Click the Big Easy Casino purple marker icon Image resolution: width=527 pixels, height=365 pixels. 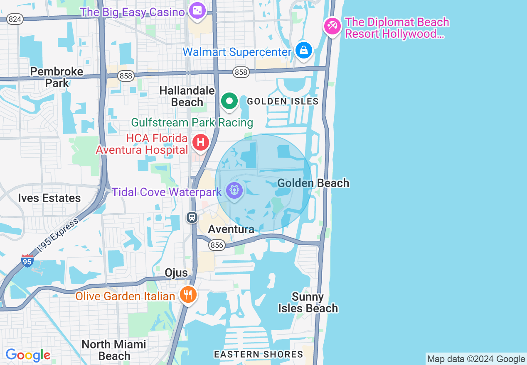coord(197,11)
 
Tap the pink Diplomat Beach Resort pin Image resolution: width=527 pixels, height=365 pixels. coord(332,27)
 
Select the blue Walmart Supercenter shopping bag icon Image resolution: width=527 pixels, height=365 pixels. coord(304,51)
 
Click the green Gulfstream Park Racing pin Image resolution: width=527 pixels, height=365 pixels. coord(229,101)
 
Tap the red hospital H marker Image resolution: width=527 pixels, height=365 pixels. coord(201,143)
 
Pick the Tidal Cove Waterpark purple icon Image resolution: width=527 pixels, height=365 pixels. coord(234,191)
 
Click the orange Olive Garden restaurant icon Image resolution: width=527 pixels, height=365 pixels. coord(188,295)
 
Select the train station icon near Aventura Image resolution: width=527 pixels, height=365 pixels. coord(192,217)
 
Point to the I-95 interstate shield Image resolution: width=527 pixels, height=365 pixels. coord(27,261)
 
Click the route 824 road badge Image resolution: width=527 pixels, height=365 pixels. coord(15,19)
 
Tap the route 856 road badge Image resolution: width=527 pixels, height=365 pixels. coord(217,245)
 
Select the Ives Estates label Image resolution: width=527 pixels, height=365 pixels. coord(49,198)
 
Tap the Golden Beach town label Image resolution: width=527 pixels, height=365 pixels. coord(313,183)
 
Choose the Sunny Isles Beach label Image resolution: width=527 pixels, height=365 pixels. coord(308,303)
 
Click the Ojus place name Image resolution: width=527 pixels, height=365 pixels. coord(176,273)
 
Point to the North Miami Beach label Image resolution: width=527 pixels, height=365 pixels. coord(114,350)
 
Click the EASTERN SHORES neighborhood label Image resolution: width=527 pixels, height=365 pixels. coord(259,354)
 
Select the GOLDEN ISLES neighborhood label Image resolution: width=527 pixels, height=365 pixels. coord(283,101)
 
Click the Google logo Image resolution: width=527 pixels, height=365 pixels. coord(28,355)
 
